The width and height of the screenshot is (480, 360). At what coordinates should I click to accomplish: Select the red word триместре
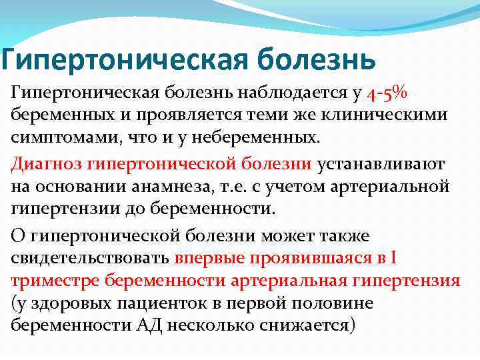coord(51,281)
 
